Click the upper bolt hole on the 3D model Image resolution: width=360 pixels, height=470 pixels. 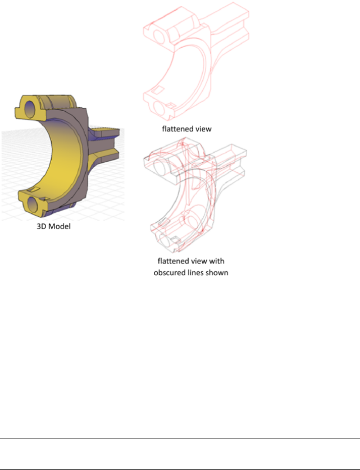29,109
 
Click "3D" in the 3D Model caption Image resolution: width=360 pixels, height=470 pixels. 41,226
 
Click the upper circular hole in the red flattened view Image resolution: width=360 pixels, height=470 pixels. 159,36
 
